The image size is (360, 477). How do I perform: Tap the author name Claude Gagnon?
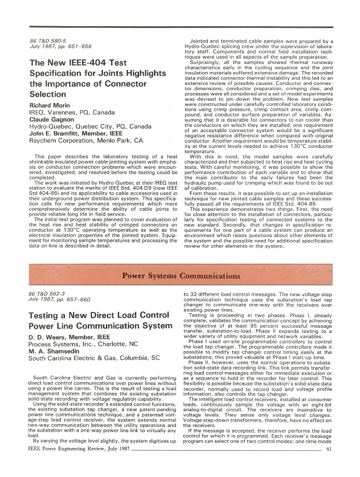pyautogui.click(x=51, y=119)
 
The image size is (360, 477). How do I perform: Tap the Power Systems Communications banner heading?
pyautogui.click(x=181, y=276)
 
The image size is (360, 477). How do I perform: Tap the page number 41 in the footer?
pyautogui.click(x=329, y=448)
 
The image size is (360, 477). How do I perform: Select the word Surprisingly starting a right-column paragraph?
pyautogui.click(x=205, y=63)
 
